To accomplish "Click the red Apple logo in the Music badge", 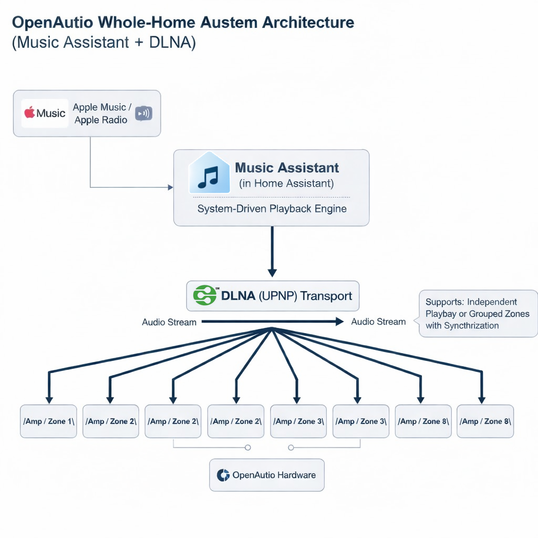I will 29,112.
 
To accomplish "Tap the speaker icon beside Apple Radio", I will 143,113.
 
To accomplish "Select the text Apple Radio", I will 101,120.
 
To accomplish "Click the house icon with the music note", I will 209,174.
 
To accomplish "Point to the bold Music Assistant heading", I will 287,168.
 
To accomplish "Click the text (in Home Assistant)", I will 286,183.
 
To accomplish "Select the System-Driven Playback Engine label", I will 272,209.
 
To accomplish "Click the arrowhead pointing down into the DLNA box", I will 272,272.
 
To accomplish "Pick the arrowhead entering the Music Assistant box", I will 170,187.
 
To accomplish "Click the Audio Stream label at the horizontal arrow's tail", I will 169,322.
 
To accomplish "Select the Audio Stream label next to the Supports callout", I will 378,322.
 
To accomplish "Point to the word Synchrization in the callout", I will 471,326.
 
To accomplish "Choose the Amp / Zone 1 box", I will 48,421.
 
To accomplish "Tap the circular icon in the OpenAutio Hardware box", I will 223,475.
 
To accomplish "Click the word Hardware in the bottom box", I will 296,475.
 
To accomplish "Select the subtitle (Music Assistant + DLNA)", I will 104,43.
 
